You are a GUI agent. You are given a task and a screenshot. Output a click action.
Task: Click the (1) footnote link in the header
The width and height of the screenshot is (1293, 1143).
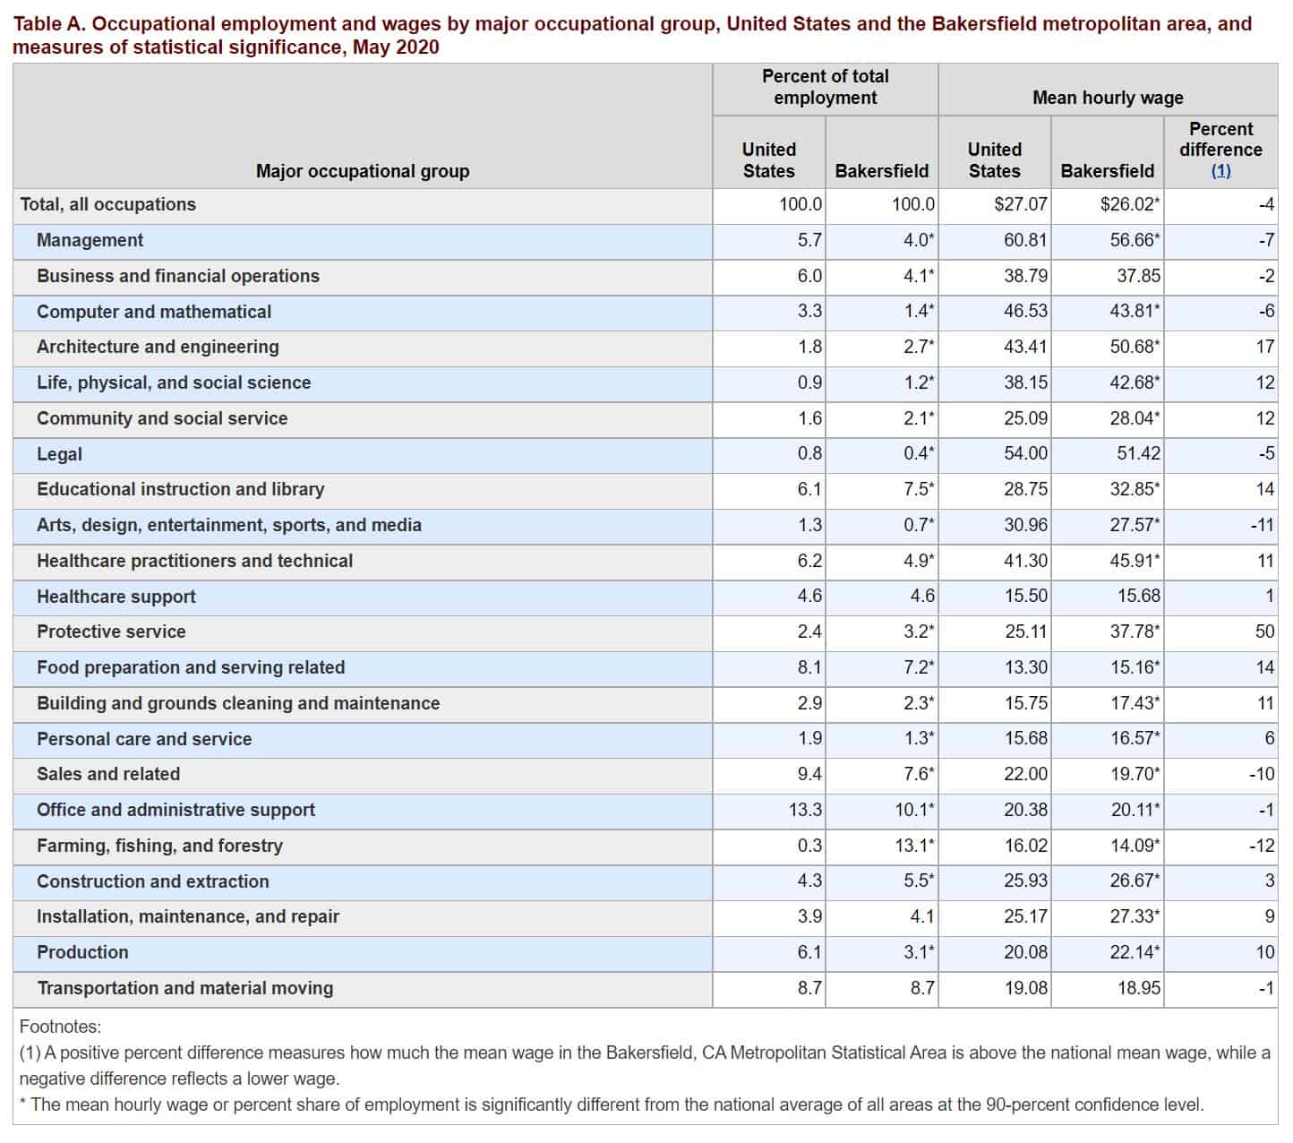(1220, 170)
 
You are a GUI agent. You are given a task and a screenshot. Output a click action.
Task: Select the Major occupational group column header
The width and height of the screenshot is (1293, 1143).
(363, 170)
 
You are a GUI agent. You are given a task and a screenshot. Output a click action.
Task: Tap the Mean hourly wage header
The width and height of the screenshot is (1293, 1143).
(1108, 97)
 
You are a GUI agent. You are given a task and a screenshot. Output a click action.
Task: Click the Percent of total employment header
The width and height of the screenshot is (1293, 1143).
(825, 86)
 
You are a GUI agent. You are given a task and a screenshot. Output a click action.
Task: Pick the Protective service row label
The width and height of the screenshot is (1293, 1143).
(111, 631)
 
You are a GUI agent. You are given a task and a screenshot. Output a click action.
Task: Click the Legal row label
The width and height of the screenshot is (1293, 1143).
(59, 453)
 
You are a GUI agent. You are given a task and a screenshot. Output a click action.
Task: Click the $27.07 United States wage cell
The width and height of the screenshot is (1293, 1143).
(1021, 203)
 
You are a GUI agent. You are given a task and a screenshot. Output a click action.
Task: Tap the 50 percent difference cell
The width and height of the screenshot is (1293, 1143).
(1264, 631)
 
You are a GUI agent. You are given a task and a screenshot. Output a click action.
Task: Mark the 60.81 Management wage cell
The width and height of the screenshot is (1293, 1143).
(1025, 239)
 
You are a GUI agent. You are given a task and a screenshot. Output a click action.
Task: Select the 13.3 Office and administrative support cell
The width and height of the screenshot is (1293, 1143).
(805, 809)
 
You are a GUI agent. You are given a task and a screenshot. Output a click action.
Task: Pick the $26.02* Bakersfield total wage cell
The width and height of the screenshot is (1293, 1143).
(1130, 203)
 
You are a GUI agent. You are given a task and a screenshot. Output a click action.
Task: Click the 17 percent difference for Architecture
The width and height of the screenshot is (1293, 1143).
(1264, 346)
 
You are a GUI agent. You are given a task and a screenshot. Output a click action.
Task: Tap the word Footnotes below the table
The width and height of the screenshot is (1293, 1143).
(60, 1027)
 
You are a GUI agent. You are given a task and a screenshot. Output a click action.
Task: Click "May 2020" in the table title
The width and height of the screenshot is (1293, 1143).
(396, 47)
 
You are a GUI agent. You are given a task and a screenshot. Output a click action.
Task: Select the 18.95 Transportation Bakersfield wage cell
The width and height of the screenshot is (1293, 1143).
(1139, 987)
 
